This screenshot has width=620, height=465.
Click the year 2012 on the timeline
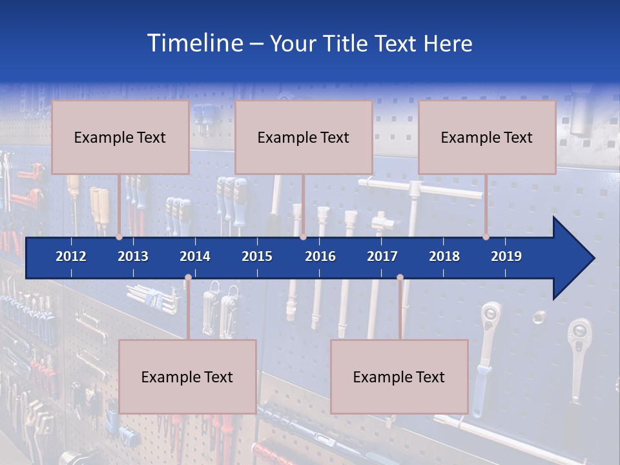pyautogui.click(x=71, y=256)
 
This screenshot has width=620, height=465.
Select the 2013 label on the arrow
pyautogui.click(x=133, y=256)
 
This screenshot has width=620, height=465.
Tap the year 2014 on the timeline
pyautogui.click(x=195, y=256)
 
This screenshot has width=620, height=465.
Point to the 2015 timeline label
pyautogui.click(x=257, y=256)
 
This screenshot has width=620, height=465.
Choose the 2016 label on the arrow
pyautogui.click(x=320, y=256)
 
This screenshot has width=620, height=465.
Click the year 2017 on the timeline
pyautogui.click(x=382, y=256)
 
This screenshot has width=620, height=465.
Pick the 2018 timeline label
pyautogui.click(x=444, y=256)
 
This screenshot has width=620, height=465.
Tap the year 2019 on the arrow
pyautogui.click(x=506, y=256)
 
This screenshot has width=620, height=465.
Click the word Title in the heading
pyautogui.click(x=348, y=43)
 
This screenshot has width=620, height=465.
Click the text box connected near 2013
pyautogui.click(x=120, y=137)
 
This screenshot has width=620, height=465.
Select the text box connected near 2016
pyautogui.click(x=304, y=137)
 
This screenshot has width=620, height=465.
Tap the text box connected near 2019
pyautogui.click(x=487, y=137)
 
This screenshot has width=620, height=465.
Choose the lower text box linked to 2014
pyautogui.click(x=187, y=377)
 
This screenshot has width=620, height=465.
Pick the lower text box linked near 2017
pyautogui.click(x=399, y=377)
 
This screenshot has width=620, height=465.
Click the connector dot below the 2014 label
pyautogui.click(x=188, y=278)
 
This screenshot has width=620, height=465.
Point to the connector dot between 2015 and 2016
pyautogui.click(x=303, y=237)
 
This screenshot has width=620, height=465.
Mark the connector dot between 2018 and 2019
pyautogui.click(x=486, y=237)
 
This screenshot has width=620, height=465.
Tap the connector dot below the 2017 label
pyautogui.click(x=400, y=278)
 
